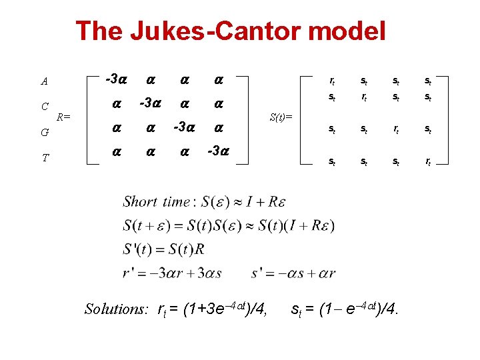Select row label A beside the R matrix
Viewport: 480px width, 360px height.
45,82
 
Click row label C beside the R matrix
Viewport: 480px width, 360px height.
45,106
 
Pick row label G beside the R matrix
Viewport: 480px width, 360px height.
45,132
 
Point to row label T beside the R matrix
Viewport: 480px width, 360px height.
45,157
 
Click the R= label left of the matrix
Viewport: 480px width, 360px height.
63,117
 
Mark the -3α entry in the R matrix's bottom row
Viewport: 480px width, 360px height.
217,151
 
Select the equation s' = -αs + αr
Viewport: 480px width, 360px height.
293,273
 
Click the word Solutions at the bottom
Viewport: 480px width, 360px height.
116,309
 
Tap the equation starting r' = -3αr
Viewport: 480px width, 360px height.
173,273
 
